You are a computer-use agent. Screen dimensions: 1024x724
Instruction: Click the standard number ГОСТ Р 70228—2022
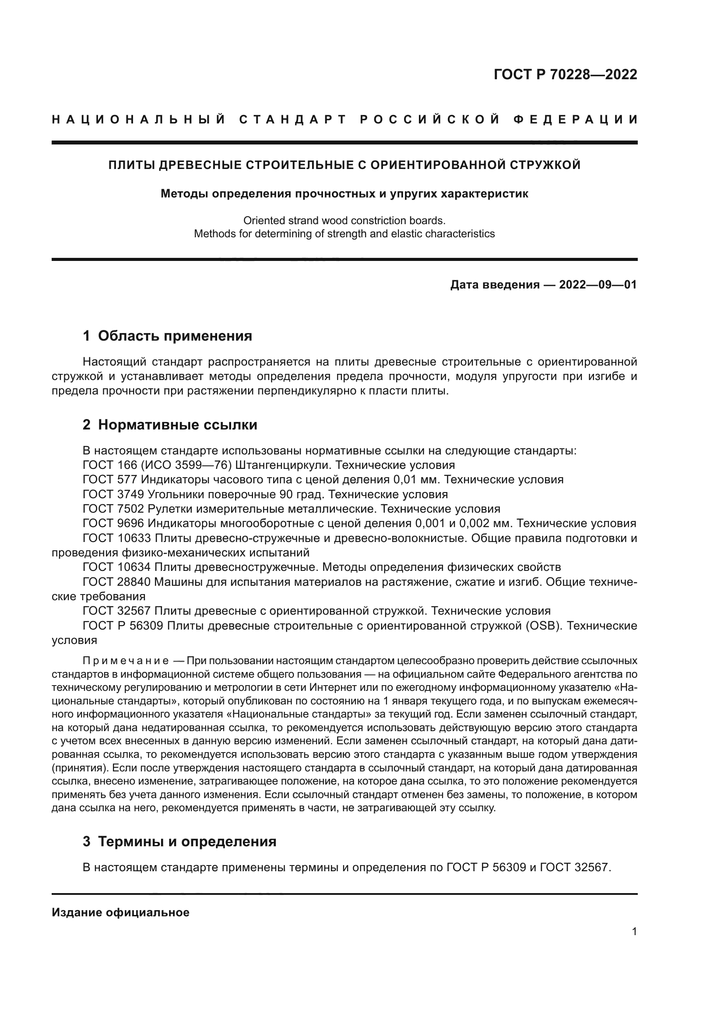(565, 74)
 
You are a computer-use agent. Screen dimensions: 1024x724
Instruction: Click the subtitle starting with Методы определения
(344, 194)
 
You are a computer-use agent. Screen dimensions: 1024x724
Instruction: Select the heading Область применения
(175, 336)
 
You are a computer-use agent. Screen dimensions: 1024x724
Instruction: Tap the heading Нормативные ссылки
(177, 425)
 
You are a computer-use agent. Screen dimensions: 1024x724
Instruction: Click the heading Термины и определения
(187, 841)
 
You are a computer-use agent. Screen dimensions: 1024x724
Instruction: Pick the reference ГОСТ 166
(110, 465)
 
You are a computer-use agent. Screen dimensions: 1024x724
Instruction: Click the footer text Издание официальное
(120, 912)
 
